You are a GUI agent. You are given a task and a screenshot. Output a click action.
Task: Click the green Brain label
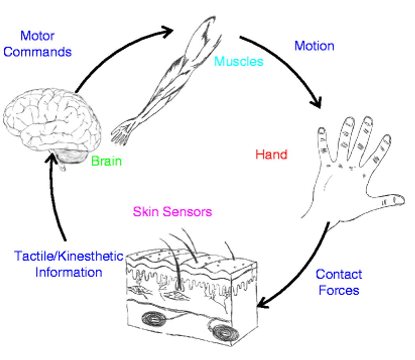coord(106,161)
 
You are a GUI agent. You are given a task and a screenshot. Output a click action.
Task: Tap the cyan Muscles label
coord(239,61)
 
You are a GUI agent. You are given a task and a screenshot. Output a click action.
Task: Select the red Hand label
coord(271,155)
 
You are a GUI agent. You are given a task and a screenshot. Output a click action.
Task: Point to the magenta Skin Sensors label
coord(172,212)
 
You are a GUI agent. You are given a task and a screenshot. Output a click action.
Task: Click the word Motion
coord(314,46)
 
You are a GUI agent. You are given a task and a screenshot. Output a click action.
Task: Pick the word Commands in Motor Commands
coord(38,52)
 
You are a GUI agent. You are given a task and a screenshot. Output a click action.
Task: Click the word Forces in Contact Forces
coord(339,290)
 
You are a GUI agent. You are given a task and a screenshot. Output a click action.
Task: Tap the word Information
coord(69,272)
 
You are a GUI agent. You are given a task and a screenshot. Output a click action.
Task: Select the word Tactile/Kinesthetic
coord(69,256)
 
